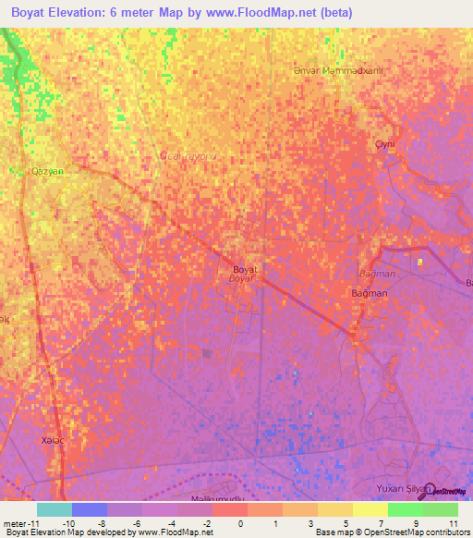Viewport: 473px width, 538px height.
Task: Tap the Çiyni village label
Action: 384,145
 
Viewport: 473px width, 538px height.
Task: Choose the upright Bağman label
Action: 369,293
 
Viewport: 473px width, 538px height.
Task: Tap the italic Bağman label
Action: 376,275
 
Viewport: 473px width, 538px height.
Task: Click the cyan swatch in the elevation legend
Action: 55,509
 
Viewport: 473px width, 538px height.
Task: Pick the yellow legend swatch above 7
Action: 370,509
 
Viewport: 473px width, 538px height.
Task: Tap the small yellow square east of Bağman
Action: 419,262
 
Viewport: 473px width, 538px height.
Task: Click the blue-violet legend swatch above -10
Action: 90,509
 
